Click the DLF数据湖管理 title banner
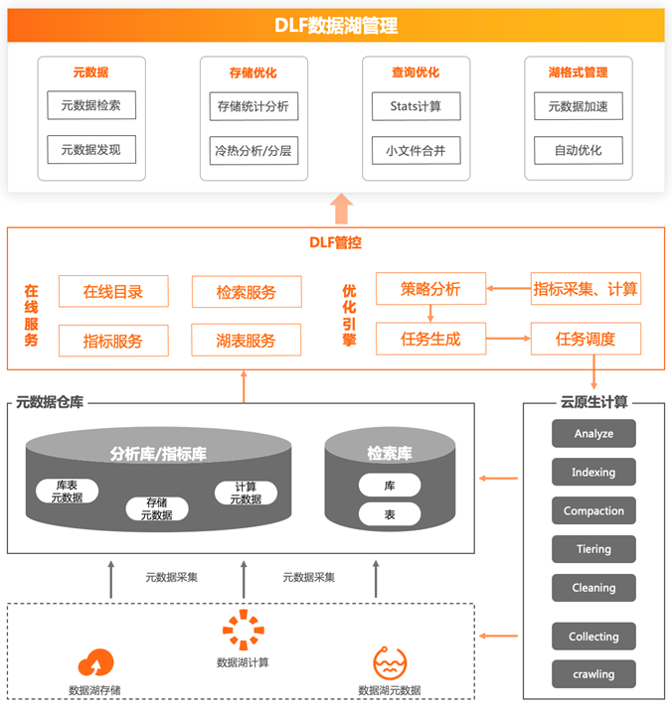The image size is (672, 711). pos(336,26)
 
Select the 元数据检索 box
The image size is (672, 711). pos(91,106)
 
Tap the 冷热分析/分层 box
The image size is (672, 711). pos(254,152)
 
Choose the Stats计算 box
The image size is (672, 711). pos(417,106)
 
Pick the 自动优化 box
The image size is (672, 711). pos(578,152)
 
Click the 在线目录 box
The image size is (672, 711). pos(113,292)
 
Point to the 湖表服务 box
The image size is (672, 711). pos(247,341)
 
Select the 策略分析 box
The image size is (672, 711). pos(430,289)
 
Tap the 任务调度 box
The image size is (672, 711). pos(586,339)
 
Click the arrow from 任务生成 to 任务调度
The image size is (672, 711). pos(508,339)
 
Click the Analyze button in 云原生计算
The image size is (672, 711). pos(593,434)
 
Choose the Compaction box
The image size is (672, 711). pos(593,511)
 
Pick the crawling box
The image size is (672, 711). pos(593,674)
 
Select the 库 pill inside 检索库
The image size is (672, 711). pos(390,486)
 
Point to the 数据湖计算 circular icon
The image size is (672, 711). pos(243,631)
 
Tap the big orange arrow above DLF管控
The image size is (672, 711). pos(342,210)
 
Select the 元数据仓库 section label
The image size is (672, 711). pos(50,403)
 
